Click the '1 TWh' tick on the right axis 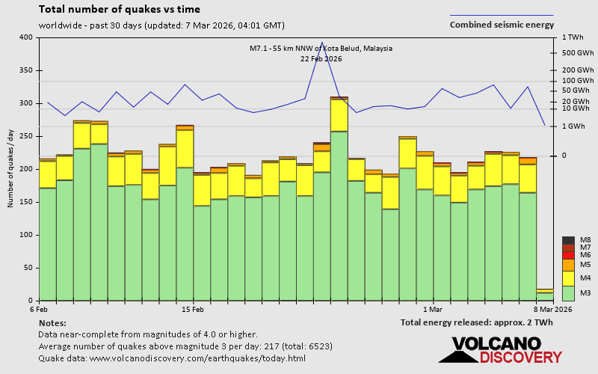tap(573, 37)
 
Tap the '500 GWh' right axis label tap(577, 52)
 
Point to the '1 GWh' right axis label tap(574, 126)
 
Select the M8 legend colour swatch tap(567, 240)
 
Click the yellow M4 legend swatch tap(567, 278)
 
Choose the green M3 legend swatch tap(567, 292)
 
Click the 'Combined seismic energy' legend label tap(502, 25)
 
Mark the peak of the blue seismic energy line tap(321, 43)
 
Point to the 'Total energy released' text tap(477, 323)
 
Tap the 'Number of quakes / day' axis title tap(10, 168)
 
